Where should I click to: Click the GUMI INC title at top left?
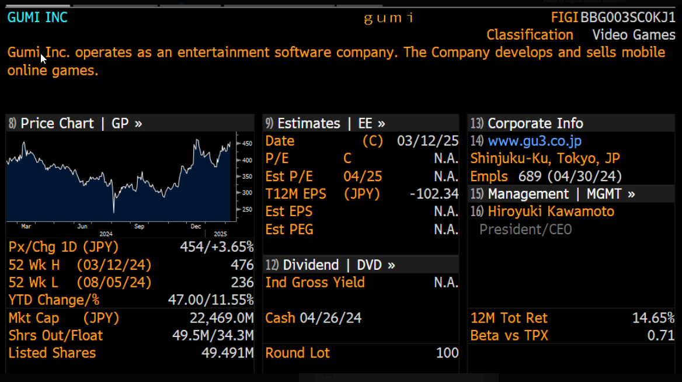click(x=37, y=18)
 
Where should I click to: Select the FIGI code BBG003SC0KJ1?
click(x=628, y=18)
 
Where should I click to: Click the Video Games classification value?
click(x=634, y=35)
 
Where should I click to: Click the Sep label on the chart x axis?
click(x=140, y=226)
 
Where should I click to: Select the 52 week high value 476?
click(x=242, y=265)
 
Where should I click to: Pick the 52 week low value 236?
click(x=242, y=283)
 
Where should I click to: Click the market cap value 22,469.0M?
click(x=222, y=318)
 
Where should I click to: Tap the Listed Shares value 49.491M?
click(x=228, y=353)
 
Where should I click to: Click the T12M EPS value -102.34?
click(x=434, y=194)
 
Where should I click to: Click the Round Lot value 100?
click(x=447, y=353)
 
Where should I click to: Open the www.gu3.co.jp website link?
click(x=534, y=141)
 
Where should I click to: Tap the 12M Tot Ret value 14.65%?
click(x=653, y=318)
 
